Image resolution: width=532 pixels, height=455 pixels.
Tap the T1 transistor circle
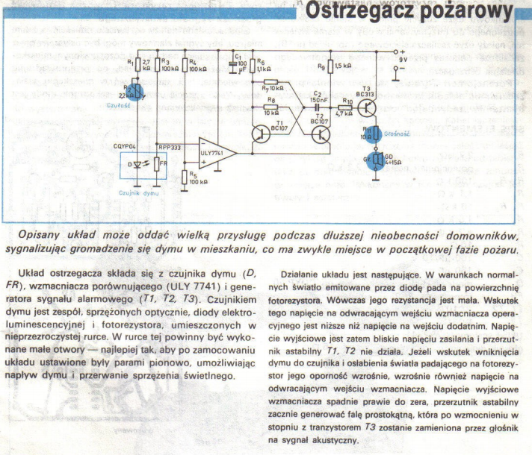(261, 134)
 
